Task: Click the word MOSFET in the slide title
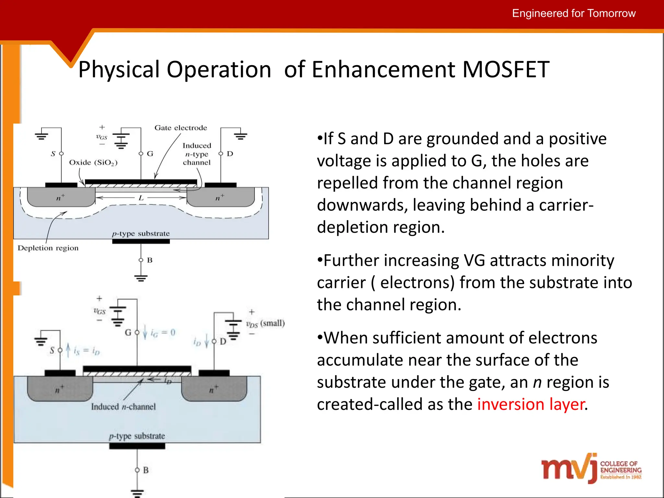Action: point(506,69)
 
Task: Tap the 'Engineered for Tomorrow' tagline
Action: point(574,13)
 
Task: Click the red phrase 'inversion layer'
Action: point(531,404)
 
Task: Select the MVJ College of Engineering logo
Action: point(591,468)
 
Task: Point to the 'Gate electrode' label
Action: point(181,128)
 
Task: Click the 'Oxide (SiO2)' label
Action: point(93,162)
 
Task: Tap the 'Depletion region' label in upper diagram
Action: point(48,248)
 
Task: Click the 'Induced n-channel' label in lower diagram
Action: point(123,407)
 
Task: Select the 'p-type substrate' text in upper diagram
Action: point(141,233)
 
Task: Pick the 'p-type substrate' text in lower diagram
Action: point(137,436)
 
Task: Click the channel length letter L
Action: point(141,198)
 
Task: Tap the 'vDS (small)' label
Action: point(265,324)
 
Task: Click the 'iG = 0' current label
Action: point(163,333)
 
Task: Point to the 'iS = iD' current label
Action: point(87,351)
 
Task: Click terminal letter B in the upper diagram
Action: point(150,260)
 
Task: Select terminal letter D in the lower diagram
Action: point(223,341)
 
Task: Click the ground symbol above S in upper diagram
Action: point(41,136)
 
